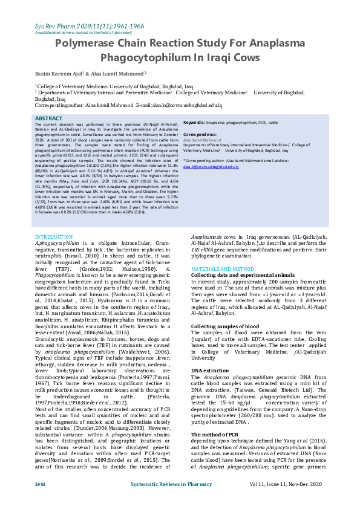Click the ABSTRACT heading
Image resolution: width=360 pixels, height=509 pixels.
[49, 118]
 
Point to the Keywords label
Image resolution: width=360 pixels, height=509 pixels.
[197, 122]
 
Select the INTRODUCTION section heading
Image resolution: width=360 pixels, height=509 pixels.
[54, 237]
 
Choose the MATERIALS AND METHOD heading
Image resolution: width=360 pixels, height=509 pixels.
[223, 268]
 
